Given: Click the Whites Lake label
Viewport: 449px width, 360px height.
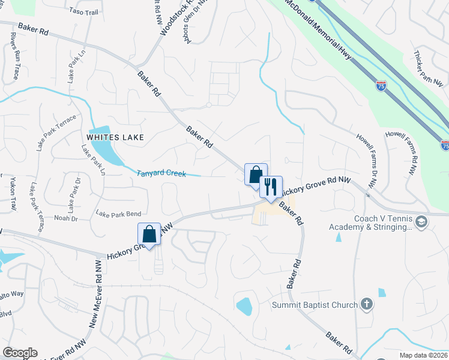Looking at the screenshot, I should click(x=115, y=137).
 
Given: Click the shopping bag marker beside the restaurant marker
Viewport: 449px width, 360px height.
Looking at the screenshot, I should click(x=256, y=175).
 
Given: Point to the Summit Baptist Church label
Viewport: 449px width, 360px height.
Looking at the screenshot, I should click(x=315, y=305).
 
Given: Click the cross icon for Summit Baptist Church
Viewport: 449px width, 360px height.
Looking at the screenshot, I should click(x=368, y=305).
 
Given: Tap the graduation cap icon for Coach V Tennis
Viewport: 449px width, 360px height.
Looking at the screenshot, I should click(x=421, y=223).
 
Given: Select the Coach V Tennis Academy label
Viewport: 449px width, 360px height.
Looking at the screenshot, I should click(x=370, y=223).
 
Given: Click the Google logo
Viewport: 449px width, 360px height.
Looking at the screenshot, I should click(x=20, y=353).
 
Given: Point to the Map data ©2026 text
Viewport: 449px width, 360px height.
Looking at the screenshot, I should click(x=423, y=355).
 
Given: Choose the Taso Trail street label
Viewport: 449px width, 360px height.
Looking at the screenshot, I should click(x=83, y=11).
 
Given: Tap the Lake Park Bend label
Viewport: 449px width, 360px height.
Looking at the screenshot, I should click(x=118, y=214).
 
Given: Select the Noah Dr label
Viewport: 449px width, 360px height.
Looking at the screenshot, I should click(x=66, y=218).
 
